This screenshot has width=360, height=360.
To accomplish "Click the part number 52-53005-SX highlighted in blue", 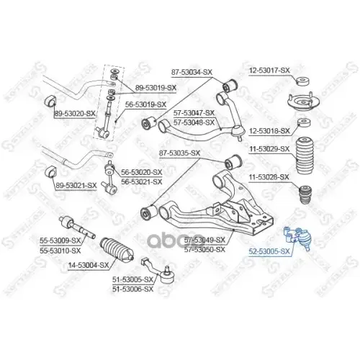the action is click(269, 251).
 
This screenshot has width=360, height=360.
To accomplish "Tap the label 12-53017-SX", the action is click(269, 71).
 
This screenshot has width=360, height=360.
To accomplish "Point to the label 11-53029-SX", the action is click(269, 149).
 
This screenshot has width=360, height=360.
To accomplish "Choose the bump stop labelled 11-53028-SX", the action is click(305, 194).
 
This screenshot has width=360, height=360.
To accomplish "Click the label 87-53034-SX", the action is click(192, 72).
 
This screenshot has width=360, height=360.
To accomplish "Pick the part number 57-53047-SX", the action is click(194, 112).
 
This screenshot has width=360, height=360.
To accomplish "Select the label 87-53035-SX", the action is click(179, 153).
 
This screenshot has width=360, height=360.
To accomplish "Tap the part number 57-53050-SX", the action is click(204, 250).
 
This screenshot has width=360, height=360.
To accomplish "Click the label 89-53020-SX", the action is click(75, 114).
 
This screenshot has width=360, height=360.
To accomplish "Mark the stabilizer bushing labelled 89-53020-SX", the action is click(50, 102).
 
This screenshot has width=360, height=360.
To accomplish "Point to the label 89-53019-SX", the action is click(156, 88).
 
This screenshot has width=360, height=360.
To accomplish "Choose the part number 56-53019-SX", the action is click(146, 104).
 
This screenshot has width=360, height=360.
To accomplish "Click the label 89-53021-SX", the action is click(76, 186).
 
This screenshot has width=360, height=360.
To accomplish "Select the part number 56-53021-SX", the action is click(142, 181).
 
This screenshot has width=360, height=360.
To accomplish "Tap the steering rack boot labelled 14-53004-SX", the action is click(117, 250).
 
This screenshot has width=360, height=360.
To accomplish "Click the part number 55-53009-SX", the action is click(60, 240).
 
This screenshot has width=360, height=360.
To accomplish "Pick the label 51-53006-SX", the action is click(132, 289).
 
